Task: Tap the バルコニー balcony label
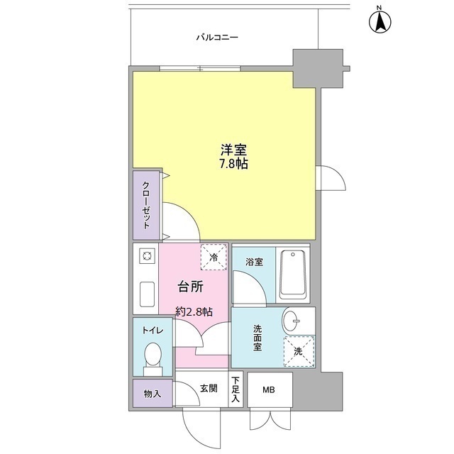point(217,37)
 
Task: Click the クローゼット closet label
point(146,205)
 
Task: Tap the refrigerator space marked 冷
point(214,257)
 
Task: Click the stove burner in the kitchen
point(147,256)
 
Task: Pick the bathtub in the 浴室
point(293,275)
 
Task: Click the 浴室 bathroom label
point(254,262)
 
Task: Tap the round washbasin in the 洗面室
point(292,321)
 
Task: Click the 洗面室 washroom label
point(258,338)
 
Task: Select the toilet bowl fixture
point(152,355)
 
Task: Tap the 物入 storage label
point(152,394)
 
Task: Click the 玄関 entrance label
point(209,388)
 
